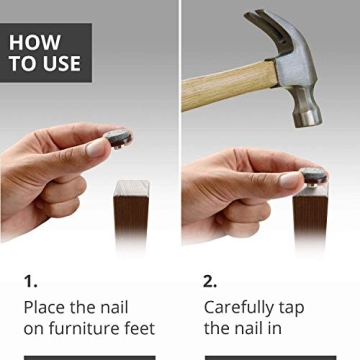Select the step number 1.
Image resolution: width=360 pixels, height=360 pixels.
click(x=30, y=281)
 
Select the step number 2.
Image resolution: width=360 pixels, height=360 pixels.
click(x=211, y=281)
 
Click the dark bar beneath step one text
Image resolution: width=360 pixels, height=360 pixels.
click(x=89, y=357)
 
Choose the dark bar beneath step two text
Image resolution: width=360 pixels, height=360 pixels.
click(x=270, y=357)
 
